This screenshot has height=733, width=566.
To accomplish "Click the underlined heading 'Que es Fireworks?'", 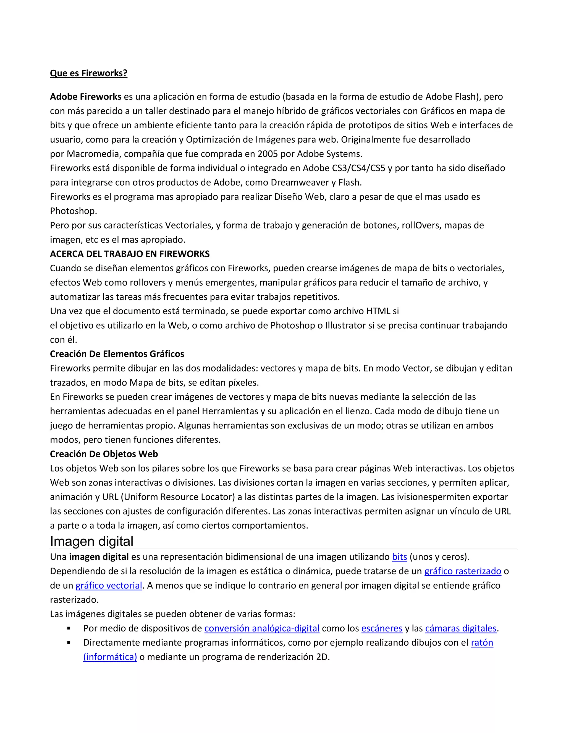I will click(x=88, y=73).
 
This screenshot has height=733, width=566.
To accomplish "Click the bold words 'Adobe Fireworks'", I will click(x=85, y=97).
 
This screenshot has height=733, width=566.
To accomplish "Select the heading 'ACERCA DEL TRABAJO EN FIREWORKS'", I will click(x=130, y=254).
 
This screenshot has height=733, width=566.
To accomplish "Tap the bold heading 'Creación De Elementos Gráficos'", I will click(x=117, y=354).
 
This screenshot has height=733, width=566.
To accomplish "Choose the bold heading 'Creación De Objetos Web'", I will click(x=104, y=454).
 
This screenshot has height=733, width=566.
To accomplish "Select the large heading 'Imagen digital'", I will click(x=91, y=541).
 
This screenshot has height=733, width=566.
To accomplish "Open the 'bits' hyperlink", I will click(x=399, y=557).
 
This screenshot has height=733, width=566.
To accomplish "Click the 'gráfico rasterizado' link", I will click(x=463, y=571).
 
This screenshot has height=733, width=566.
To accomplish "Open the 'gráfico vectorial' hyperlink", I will click(x=109, y=586).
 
